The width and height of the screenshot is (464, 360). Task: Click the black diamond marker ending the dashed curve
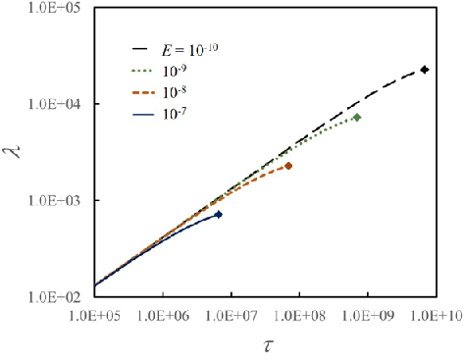[x=425, y=70]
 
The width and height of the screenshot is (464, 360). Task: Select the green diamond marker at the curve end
[x=357, y=117]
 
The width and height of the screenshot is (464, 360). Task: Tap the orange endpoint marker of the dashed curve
[x=288, y=166]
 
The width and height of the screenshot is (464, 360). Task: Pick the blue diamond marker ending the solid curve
[x=219, y=215]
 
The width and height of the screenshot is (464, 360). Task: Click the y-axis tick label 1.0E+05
[x=54, y=8]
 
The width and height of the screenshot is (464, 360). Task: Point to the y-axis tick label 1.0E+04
[x=54, y=104]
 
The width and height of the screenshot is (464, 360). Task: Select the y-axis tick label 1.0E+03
[x=54, y=201]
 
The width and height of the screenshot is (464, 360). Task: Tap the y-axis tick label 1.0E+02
[x=54, y=297]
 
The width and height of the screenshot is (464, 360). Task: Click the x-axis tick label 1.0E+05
[x=95, y=316]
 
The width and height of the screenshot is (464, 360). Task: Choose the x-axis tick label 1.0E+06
[x=163, y=316]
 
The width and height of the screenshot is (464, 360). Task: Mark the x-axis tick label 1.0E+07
[x=232, y=316]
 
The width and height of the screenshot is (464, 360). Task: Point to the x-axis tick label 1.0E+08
[x=300, y=316]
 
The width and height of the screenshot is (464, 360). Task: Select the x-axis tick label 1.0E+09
[x=368, y=316]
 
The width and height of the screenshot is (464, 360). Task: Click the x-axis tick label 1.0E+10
[x=437, y=316]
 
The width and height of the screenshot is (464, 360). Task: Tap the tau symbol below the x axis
[x=268, y=346]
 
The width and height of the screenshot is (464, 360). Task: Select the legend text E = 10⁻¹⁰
[x=189, y=50]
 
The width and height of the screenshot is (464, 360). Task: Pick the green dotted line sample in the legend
[x=142, y=71]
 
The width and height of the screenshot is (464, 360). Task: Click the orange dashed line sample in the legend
[x=143, y=93]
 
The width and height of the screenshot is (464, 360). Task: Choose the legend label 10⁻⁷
[x=175, y=114]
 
